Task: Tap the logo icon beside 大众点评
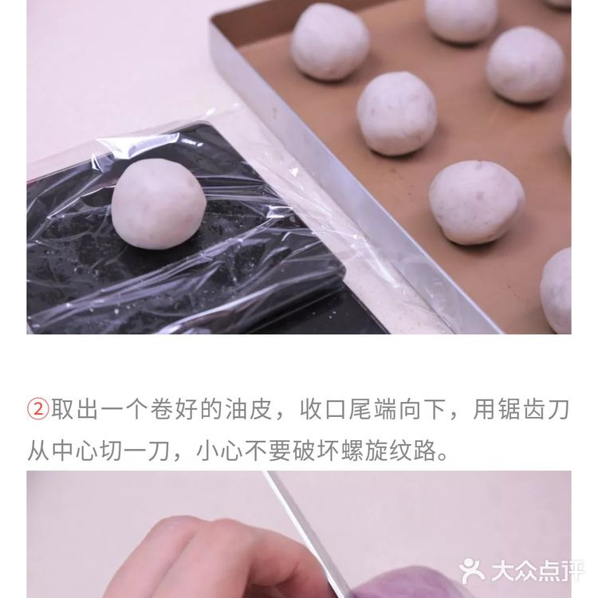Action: (473, 571)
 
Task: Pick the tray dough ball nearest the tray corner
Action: (329, 41)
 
